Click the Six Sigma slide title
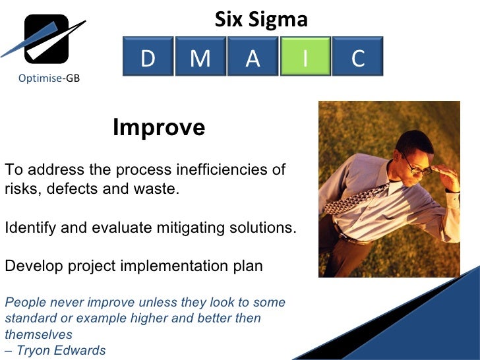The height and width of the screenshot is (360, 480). [x=261, y=20]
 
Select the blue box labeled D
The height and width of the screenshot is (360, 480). [x=148, y=58]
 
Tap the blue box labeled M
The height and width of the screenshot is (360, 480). [x=200, y=58]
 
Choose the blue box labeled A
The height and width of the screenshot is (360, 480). [x=253, y=58]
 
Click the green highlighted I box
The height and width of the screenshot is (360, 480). [x=305, y=58]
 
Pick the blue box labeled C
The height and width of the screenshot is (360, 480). [x=357, y=58]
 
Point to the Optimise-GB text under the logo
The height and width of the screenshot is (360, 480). [x=49, y=78]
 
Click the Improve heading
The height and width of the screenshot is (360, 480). [x=159, y=127]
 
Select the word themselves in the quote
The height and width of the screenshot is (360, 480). [x=38, y=334]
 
